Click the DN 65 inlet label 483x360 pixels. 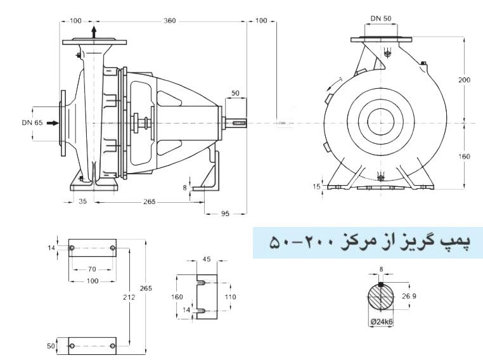31,122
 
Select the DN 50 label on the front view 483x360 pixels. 380,19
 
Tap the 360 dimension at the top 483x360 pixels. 169,21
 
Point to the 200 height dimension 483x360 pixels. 465,80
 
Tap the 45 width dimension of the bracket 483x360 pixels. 206,259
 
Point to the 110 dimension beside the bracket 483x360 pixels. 229,296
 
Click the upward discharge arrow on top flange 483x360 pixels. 94,32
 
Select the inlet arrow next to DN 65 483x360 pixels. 53,122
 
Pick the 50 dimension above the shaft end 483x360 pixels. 235,93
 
